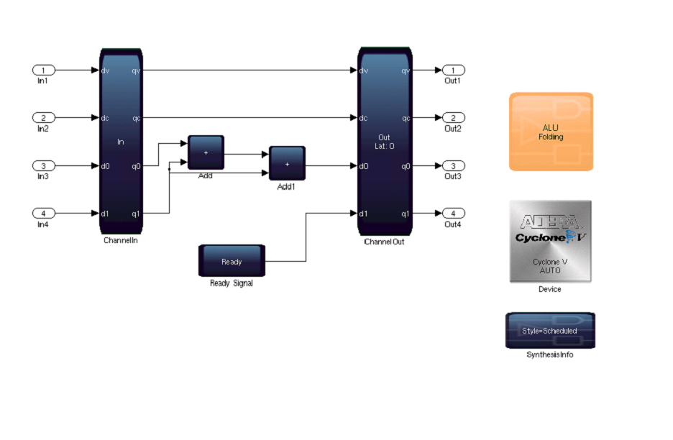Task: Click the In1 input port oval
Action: pos(43,70)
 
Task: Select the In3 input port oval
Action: pos(43,166)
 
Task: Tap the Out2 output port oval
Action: pos(453,118)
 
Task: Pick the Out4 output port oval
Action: pos(453,214)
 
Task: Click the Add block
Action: pos(206,152)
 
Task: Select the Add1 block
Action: pos(287,164)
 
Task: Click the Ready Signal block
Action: pos(232,262)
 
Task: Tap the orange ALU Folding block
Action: pos(551,132)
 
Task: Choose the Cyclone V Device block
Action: pos(550,241)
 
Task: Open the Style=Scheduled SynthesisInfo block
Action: pos(550,331)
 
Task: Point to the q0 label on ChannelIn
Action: pos(136,166)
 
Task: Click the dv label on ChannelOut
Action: pos(364,70)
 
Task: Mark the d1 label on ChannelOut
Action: pos(364,214)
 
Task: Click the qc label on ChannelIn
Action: pos(136,118)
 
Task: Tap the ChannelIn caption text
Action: pos(120,241)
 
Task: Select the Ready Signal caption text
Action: pos(231,283)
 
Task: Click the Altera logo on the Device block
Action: pos(550,221)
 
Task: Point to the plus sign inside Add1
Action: pos(287,164)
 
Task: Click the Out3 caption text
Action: pos(453,176)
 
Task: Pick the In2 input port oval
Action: pos(43,118)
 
